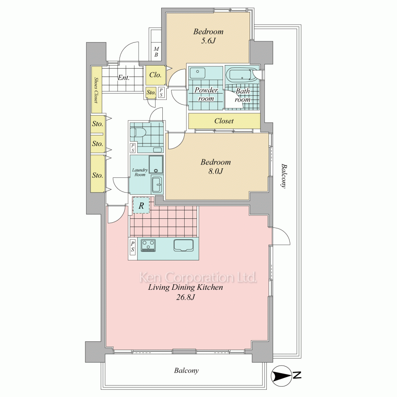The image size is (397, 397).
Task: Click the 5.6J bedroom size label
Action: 208,41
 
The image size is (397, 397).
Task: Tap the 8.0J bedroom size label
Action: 216,172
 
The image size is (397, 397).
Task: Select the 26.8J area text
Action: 185,297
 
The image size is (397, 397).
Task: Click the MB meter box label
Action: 156,52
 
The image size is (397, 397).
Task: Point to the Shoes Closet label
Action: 96,90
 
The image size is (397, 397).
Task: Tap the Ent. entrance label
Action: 123,77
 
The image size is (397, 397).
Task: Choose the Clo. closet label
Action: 155,75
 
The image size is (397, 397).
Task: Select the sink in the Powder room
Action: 198,73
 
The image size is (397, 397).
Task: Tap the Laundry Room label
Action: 140,172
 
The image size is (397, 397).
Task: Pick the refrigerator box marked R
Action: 141,205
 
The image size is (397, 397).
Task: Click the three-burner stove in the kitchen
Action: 148,245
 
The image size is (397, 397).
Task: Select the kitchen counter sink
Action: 183,245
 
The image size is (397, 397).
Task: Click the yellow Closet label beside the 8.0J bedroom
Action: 224,121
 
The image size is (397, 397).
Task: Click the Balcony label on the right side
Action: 284,176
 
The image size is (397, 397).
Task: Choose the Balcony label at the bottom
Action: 186,371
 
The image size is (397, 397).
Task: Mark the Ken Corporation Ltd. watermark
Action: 198,278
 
